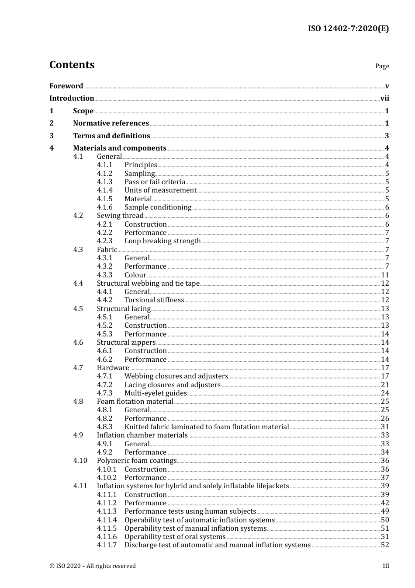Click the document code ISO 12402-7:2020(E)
348,29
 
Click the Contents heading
72,65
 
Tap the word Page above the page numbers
382,66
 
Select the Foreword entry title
66,86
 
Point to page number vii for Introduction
384,98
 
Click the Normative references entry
111,123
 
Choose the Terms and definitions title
111,136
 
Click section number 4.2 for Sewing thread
78,216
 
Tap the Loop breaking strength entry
163,241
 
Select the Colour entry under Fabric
135,275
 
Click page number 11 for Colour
385,275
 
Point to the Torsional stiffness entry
154,300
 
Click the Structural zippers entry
126,343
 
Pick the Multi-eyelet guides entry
156,393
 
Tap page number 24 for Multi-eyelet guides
385,393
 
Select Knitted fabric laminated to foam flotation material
207,427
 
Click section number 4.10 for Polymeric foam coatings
80,461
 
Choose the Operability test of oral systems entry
175,537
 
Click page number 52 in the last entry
385,545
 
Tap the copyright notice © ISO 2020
93,566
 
